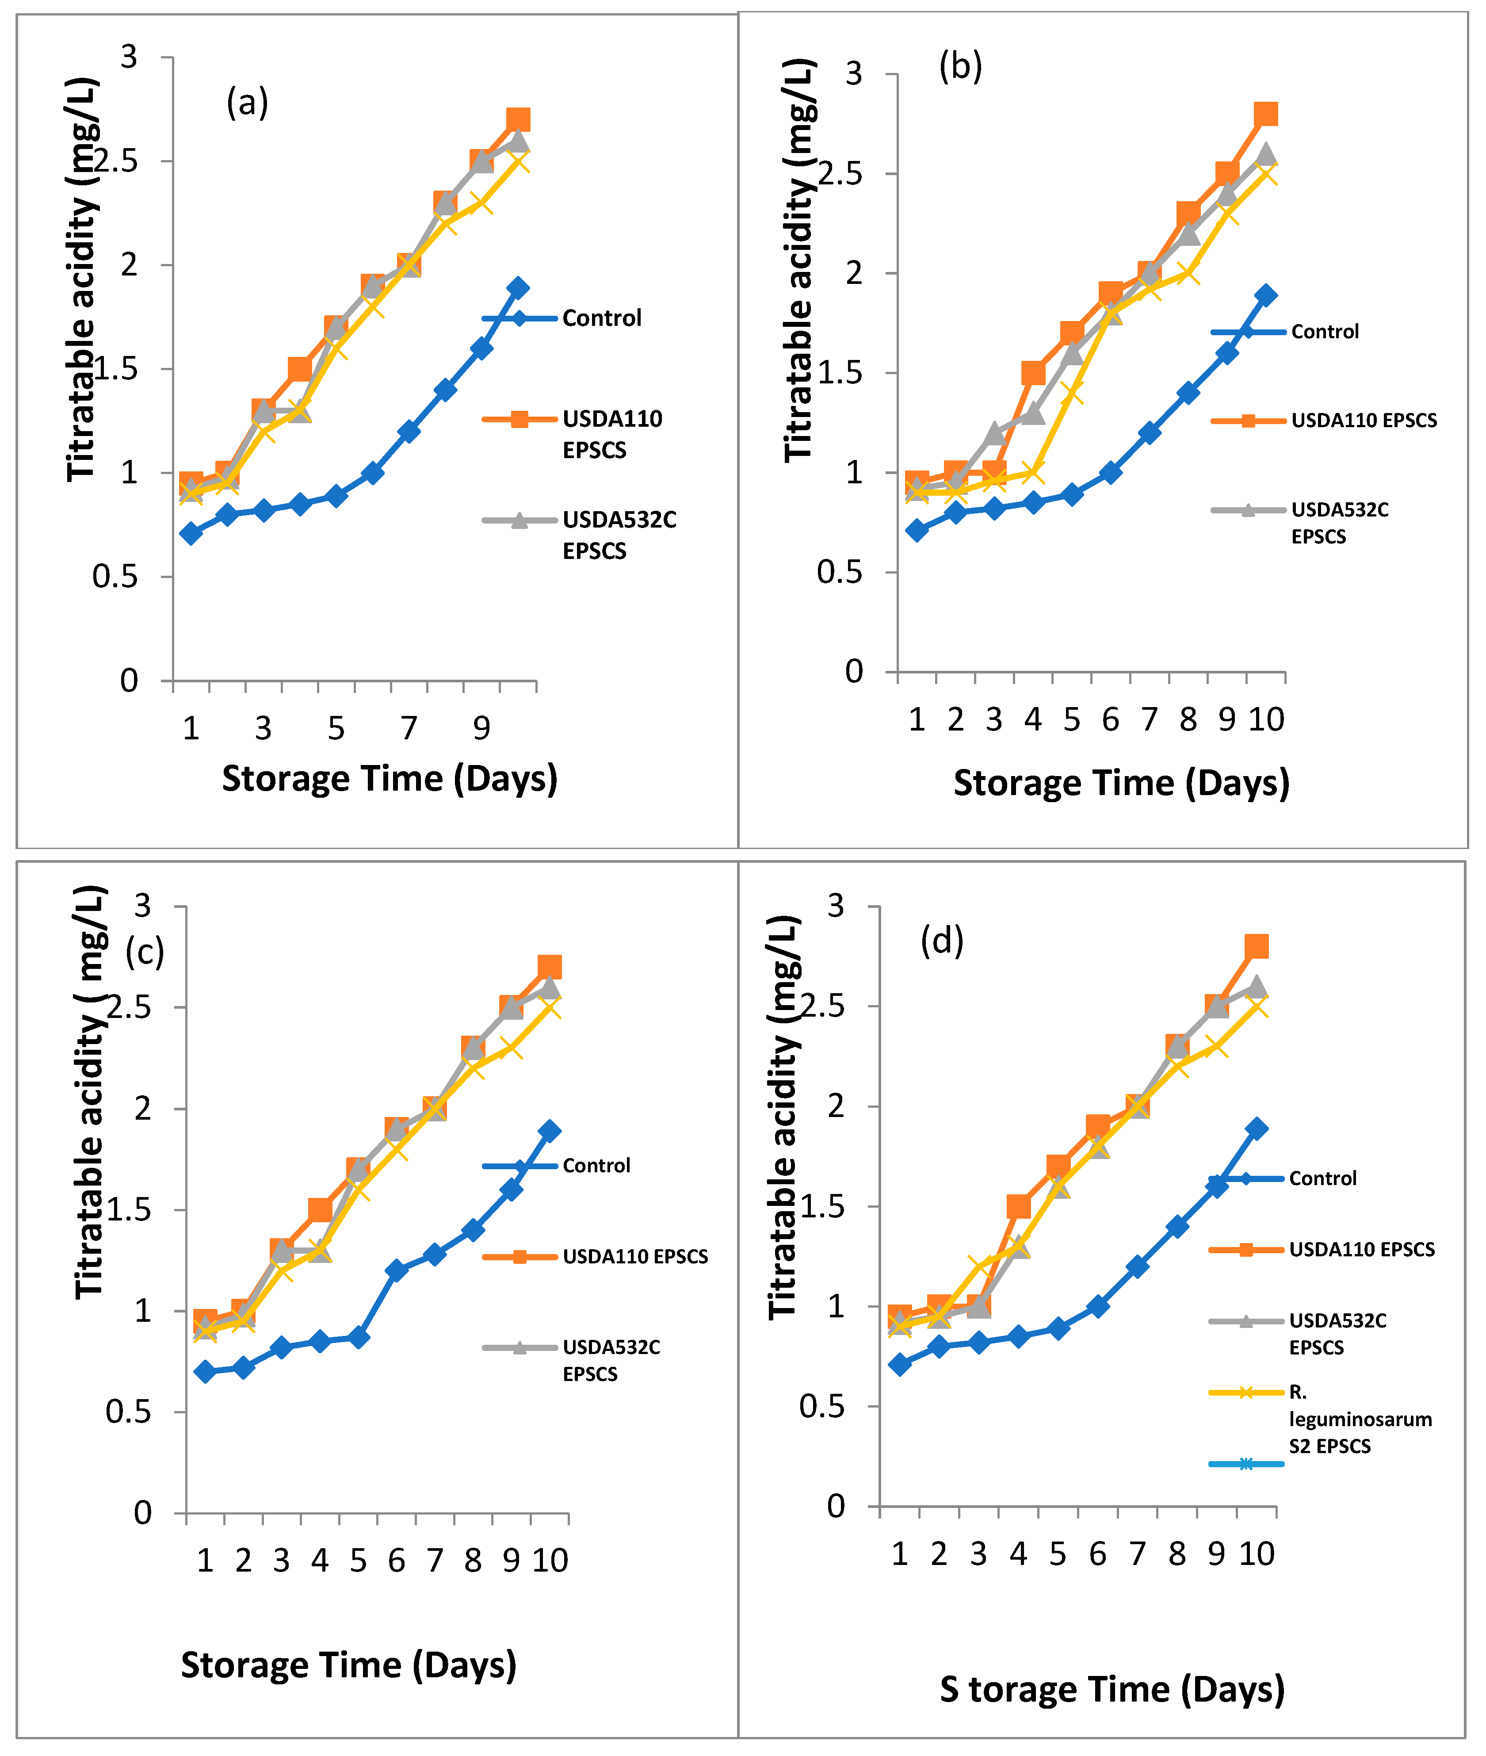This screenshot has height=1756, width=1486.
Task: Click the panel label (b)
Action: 960,67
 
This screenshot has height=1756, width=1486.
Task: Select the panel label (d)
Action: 942,941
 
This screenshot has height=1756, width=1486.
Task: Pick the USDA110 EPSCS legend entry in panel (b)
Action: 1363,421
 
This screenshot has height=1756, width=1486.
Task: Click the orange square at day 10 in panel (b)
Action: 1265,114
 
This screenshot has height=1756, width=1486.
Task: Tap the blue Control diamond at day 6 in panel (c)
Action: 397,1270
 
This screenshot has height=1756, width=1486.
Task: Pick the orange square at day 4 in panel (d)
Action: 1019,1207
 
